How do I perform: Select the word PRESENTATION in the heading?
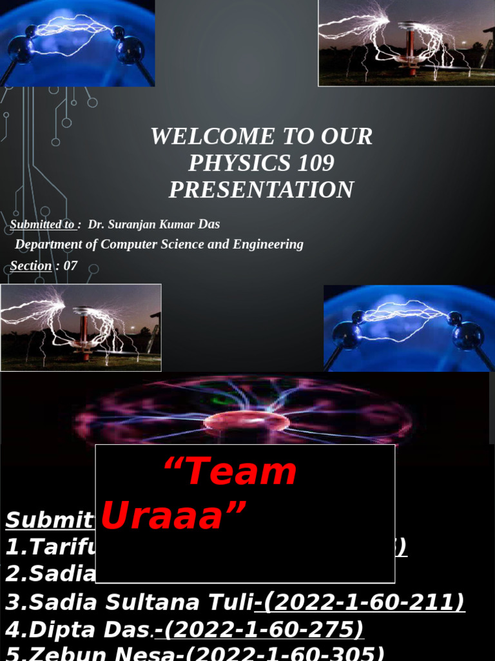pos(261,190)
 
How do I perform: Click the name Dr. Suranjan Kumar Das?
pos(153,225)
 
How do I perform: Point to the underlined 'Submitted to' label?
pos(42,225)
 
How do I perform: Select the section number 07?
pos(70,265)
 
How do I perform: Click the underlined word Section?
pos(31,265)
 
